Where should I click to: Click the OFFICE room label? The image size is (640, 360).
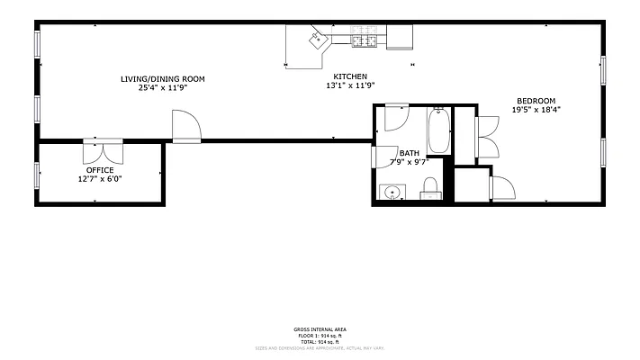(x=100, y=169)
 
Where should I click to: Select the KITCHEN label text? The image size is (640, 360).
(x=350, y=76)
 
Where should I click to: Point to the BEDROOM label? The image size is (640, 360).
(x=536, y=100)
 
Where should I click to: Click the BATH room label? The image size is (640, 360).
(x=410, y=153)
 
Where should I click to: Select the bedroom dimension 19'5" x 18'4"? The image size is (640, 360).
(x=536, y=110)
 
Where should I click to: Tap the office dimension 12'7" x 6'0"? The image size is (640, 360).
(x=100, y=178)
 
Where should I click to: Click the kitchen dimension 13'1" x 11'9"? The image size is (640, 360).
(x=350, y=85)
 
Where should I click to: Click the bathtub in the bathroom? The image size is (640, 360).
(x=439, y=131)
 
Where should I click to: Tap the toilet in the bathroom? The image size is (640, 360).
(x=430, y=188)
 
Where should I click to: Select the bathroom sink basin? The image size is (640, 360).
(x=392, y=192)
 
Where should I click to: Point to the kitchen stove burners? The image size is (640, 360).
(x=365, y=38)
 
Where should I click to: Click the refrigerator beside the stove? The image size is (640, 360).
(x=400, y=36)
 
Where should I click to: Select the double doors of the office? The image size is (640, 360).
(x=102, y=149)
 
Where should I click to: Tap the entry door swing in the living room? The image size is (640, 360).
(x=185, y=125)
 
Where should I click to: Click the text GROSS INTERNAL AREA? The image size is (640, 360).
(x=320, y=329)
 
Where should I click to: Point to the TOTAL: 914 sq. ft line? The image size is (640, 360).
(x=320, y=342)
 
